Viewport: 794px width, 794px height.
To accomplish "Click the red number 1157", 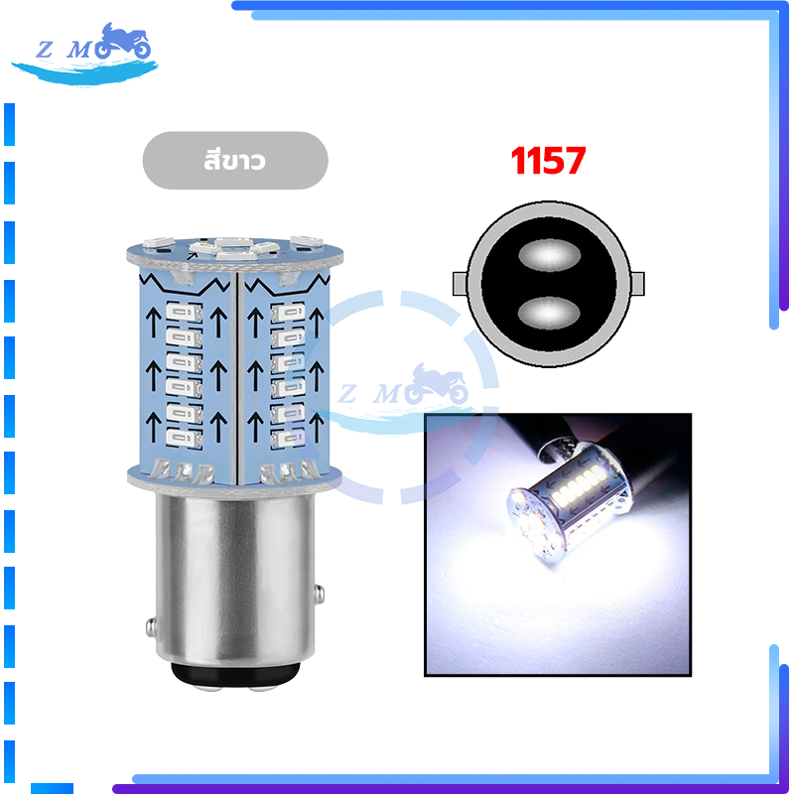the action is coord(548,161).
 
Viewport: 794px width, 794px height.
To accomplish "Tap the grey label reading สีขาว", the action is coord(235,161).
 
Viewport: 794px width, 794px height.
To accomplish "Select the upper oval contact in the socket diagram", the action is coord(549,255).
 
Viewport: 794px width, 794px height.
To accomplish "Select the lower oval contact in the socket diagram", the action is coord(549,313).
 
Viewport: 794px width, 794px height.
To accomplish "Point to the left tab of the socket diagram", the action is coord(460,284).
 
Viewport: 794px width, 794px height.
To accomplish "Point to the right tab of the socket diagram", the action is coord(638,284).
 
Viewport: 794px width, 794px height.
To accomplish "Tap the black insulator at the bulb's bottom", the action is coord(234,675).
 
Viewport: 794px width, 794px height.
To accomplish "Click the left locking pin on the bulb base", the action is coord(151,627).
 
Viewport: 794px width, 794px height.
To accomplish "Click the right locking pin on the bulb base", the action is coord(319,594).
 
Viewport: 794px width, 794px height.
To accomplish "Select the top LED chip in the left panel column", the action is coord(185,312).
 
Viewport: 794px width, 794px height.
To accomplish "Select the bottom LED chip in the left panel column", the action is coord(185,438).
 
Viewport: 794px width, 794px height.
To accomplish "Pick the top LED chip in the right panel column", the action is coord(288,313).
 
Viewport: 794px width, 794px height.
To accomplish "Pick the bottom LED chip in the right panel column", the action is coord(288,438).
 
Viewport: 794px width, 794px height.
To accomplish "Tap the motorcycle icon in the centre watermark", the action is coord(437,384).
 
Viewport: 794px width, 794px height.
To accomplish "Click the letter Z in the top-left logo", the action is coord(45,50).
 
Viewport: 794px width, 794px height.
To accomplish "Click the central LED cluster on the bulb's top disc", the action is coord(234,248).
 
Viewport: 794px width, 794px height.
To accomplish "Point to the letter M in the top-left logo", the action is coord(80,50).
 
